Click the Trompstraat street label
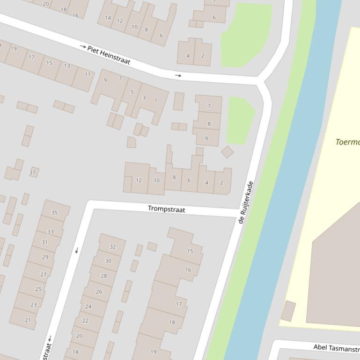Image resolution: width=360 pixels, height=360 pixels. click(166, 209)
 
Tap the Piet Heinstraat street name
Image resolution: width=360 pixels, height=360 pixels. click(109, 55)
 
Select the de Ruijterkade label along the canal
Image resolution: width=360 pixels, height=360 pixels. click(246, 202)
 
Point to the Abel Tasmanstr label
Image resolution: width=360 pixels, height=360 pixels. click(336, 347)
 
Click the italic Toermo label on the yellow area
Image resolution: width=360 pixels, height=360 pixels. click(347, 142)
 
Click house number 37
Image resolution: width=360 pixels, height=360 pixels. click(32, 173)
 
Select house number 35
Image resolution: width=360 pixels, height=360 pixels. click(54, 213)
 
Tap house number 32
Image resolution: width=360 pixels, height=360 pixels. click(112, 247)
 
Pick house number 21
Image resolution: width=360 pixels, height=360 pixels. click(28, 320)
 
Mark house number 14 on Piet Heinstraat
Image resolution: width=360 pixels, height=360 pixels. click(108, 18)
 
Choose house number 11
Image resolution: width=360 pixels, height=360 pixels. click(88, 74)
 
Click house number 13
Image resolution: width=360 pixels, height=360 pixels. click(67, 66)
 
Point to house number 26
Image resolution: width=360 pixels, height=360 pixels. click(99, 292)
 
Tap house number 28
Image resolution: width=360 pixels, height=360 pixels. click(103, 276)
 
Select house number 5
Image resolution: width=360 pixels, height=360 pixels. click(132, 92)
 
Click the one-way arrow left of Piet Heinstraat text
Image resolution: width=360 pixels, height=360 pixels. click(83, 47)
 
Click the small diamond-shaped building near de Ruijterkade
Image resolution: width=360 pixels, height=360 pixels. click(228, 152)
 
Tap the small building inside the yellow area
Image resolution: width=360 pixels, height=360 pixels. click(288, 311)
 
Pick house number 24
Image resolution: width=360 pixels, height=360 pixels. click(88, 307)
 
